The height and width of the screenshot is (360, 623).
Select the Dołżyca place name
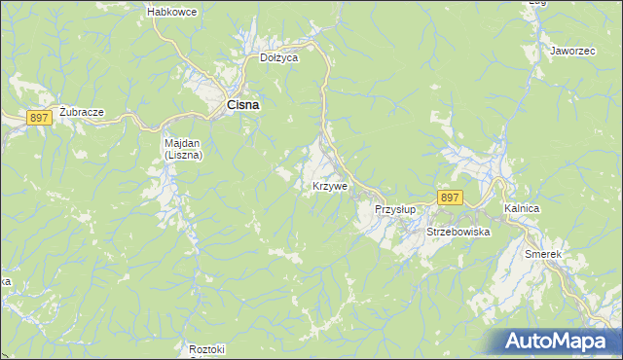pyautogui.click(x=278, y=57)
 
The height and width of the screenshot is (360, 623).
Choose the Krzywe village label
pyautogui.click(x=330, y=186)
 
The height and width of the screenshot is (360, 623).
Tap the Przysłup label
pyautogui.click(x=395, y=209)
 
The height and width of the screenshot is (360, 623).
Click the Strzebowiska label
pyautogui.click(x=458, y=233)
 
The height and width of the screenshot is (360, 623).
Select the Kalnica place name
pyautogui.click(x=522, y=209)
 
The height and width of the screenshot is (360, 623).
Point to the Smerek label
pyautogui.click(x=543, y=254)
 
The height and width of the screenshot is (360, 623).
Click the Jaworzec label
pyautogui.click(x=571, y=50)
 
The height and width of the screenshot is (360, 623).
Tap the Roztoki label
pyautogui.click(x=207, y=349)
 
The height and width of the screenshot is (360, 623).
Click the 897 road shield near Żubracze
pyautogui.click(x=39, y=118)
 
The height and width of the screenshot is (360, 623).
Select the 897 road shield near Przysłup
pyautogui.click(x=449, y=197)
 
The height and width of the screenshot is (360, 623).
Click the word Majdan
pyautogui.click(x=181, y=143)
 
